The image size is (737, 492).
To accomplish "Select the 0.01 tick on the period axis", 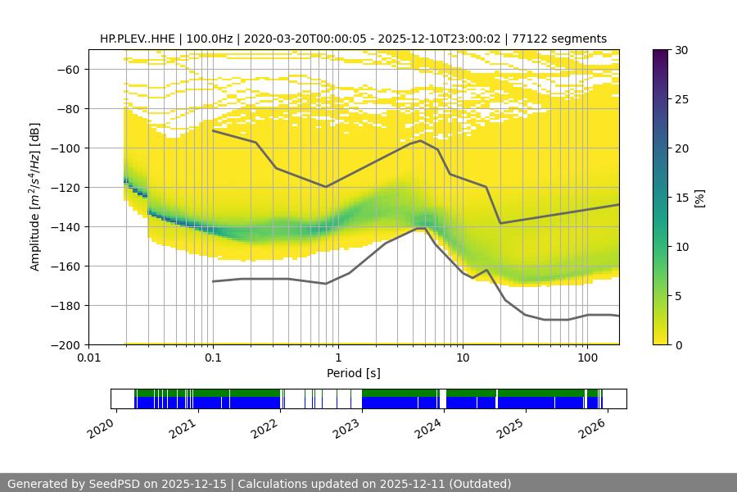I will click(x=88, y=358).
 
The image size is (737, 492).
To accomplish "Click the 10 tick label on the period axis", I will click(x=462, y=358).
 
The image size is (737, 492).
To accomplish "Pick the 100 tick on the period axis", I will click(x=586, y=358).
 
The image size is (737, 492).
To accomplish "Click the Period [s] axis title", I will click(x=353, y=373).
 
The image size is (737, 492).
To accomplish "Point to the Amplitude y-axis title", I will click(x=34, y=197).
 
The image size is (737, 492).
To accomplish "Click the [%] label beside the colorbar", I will click(x=699, y=197).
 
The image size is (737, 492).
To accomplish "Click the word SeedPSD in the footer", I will click(x=115, y=484).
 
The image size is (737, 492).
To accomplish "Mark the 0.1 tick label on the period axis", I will click(x=213, y=358).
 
